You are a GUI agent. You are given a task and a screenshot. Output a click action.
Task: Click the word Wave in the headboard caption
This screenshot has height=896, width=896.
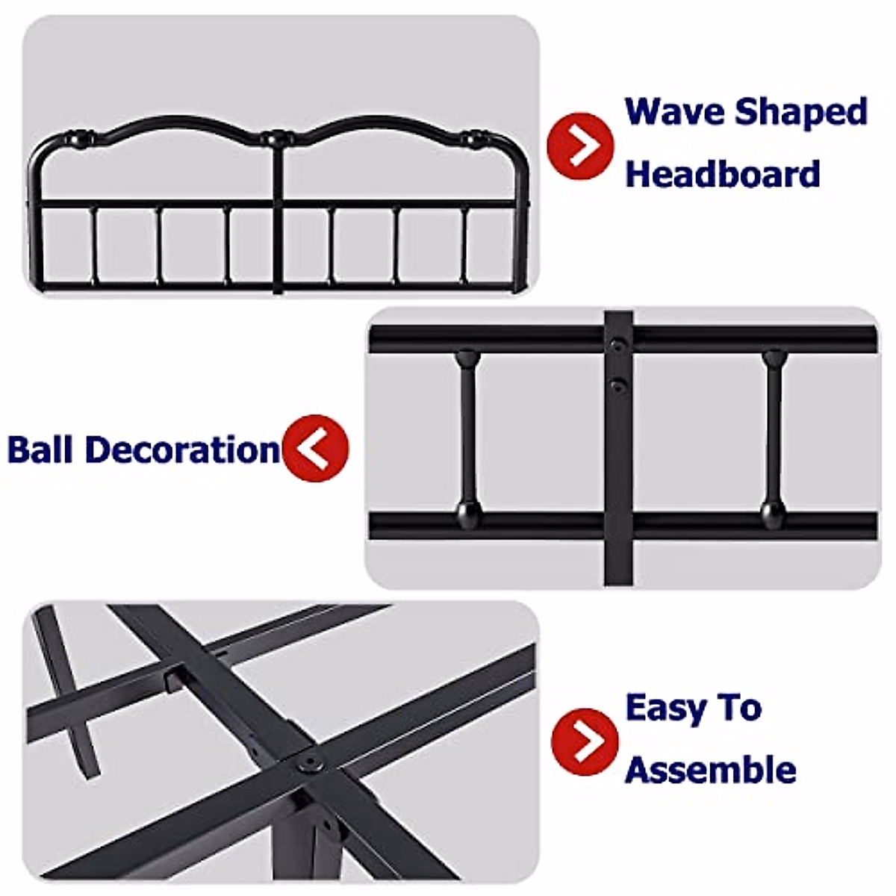pos(675,112)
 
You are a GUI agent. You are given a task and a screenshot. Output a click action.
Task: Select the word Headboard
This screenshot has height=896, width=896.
pos(722,174)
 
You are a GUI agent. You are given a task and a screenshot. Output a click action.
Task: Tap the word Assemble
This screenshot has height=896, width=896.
pos(710,770)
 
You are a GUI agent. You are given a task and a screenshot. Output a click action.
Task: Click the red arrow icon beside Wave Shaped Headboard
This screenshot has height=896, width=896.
pos(580,146)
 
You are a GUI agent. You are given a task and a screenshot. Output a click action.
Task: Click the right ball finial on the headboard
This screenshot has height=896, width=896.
pos(472,138)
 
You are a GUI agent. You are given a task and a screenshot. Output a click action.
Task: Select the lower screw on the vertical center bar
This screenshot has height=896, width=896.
pos(617,386)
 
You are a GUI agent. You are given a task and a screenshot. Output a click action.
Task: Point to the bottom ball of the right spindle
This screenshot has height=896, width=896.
pos(774,513)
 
